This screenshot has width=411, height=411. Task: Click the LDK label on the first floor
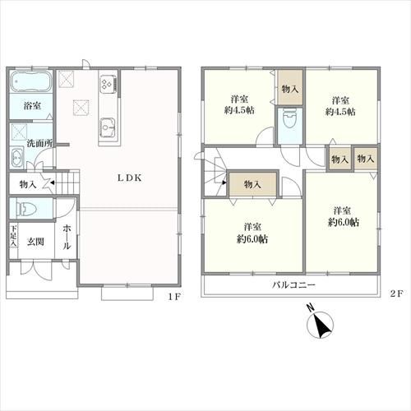coord(130,178)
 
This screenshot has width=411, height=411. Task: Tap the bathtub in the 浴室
coord(31,81)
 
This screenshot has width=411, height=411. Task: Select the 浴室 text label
coord(32,106)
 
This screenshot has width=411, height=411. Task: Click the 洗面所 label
coord(39,143)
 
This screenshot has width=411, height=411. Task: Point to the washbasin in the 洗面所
coord(17,158)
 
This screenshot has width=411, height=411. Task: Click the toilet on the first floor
coord(26,210)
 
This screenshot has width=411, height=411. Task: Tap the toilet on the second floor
coord(290,118)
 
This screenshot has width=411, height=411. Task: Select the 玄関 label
coord(35,242)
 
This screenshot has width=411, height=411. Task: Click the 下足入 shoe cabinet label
coord(13,236)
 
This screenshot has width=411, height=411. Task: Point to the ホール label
coord(67,238)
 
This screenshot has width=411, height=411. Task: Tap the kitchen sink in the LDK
coord(108,127)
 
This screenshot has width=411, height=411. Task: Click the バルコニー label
coord(293,285)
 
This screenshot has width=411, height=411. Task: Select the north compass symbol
coord(320,325)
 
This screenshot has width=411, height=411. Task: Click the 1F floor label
coord(174,297)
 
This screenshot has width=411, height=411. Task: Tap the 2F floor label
coord(396,294)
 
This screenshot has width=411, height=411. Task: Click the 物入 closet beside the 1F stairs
coord(28,185)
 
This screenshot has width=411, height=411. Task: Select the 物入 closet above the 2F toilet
coord(290,89)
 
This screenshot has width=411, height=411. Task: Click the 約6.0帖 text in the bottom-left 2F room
coord(252,239)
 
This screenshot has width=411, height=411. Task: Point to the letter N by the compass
coord(310,308)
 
